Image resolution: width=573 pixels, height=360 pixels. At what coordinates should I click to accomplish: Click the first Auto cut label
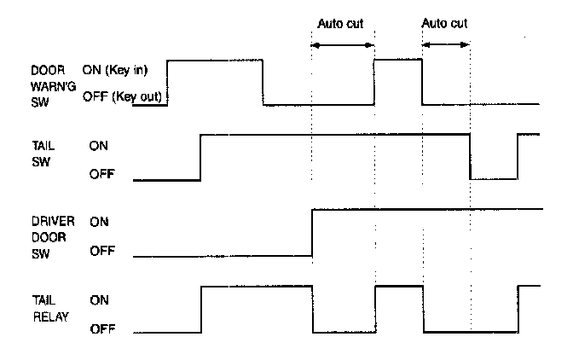341,24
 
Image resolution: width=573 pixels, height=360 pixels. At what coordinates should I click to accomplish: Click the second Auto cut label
445,24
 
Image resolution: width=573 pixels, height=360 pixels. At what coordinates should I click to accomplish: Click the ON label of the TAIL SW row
98,146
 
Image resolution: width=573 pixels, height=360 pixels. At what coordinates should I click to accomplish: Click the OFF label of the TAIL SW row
101,176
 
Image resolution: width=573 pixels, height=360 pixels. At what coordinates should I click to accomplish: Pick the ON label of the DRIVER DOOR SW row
98,221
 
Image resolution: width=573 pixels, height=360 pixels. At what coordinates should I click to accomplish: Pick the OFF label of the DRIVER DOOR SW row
101,253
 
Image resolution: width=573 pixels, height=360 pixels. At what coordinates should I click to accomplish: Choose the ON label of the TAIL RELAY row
98,300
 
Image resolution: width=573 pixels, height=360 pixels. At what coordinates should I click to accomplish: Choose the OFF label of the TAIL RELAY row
101,329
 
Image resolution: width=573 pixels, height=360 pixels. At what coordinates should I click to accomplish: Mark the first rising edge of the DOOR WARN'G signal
168,82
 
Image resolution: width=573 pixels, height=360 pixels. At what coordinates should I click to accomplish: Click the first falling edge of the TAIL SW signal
471,157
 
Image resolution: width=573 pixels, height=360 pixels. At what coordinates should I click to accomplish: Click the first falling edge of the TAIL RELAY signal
313,309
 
